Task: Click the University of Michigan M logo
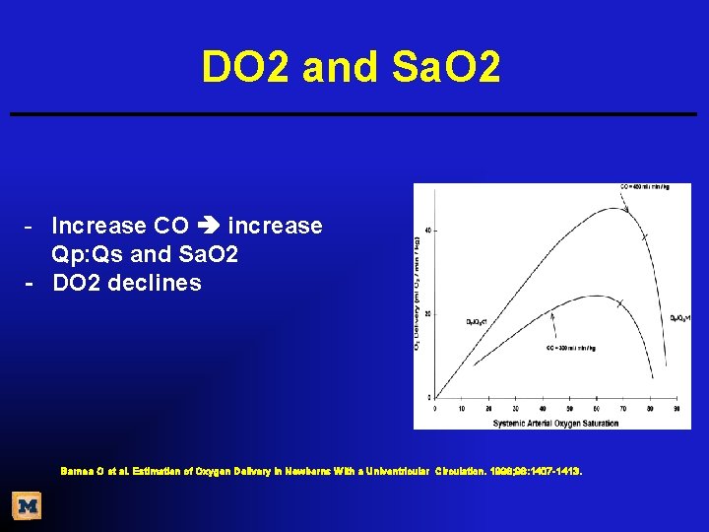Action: (x=28, y=506)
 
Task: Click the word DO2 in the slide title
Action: (x=246, y=67)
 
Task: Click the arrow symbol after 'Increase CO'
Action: (x=208, y=227)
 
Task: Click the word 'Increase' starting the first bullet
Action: (x=99, y=227)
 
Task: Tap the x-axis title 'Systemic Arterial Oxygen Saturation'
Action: (x=555, y=423)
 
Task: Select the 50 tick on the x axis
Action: (x=569, y=407)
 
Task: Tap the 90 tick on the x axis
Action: (x=676, y=407)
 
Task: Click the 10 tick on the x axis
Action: (x=463, y=407)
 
